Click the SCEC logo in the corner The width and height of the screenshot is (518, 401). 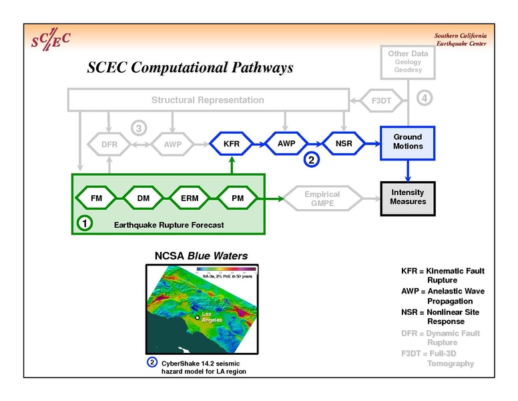[x=51, y=40]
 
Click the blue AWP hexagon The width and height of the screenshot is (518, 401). [x=286, y=143]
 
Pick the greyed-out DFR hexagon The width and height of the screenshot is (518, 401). [x=109, y=144]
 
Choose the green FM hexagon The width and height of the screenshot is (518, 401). [x=97, y=198]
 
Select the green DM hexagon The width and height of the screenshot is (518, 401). [x=143, y=198]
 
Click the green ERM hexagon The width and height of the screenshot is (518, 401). [x=189, y=198]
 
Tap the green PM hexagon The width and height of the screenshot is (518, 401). [x=237, y=198]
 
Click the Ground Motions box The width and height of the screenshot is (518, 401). [x=407, y=142]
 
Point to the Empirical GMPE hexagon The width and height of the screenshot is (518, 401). [x=322, y=198]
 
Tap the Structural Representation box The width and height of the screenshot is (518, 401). [x=208, y=100]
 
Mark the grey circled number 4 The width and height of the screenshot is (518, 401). [x=425, y=98]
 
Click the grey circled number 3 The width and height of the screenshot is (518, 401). [x=138, y=127]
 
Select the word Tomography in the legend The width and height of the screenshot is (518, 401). [x=451, y=364]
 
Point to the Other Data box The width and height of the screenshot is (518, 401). [x=407, y=61]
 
